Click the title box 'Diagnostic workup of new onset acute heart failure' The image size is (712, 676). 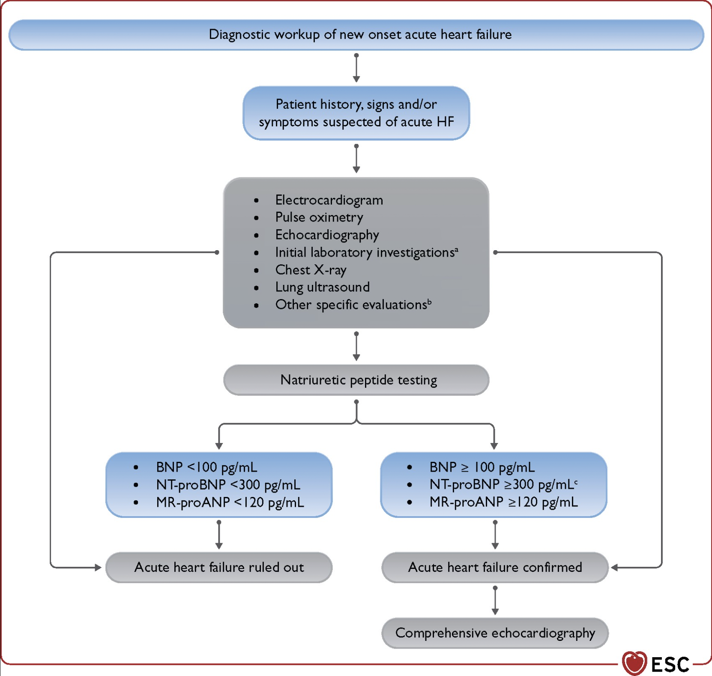click(356, 35)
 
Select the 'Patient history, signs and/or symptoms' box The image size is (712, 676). click(356, 113)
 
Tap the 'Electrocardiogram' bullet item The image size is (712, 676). click(329, 200)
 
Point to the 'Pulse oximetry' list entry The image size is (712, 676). click(319, 218)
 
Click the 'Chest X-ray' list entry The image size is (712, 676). click(311, 270)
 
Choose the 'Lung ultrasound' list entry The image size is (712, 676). click(322, 287)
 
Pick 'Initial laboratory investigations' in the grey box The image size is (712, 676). click(366, 252)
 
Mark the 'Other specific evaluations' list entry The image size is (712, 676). click(353, 305)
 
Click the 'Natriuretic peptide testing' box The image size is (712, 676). click(356, 380)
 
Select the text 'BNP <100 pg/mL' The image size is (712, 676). click(206, 467)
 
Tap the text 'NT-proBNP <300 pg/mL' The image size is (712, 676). click(228, 485)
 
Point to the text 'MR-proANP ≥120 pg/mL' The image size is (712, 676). click(504, 502)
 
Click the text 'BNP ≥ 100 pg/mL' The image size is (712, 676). click(482, 467)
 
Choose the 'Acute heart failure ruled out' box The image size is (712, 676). click(219, 568)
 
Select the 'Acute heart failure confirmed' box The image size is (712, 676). click(495, 568)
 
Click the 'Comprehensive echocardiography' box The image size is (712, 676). click(495, 633)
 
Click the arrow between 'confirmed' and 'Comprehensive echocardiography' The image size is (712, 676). click(495, 600)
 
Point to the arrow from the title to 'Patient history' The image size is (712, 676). click(356, 68)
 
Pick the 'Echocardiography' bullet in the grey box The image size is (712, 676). click(327, 235)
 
